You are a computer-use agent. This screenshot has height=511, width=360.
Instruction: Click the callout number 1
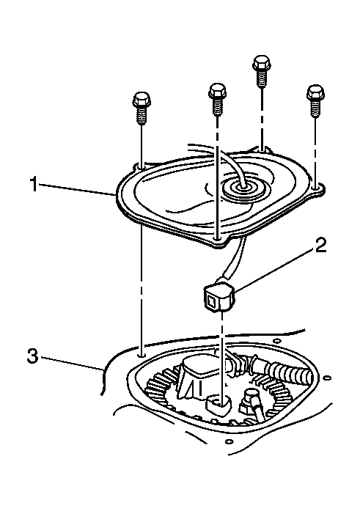click(33, 184)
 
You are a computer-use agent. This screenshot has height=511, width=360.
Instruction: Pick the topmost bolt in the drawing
click(261, 72)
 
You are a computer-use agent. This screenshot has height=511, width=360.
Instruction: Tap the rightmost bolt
click(315, 100)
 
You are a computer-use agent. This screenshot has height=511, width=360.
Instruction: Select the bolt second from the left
click(217, 99)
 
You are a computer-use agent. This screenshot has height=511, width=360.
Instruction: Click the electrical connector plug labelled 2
click(219, 298)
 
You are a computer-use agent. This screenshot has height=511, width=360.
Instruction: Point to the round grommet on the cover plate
click(243, 188)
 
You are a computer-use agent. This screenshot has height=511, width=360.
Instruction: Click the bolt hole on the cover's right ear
click(315, 188)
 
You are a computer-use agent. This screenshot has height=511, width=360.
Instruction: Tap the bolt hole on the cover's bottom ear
click(216, 239)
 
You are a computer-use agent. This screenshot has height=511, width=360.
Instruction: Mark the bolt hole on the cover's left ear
click(141, 167)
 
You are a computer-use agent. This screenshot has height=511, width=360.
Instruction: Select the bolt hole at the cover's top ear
click(262, 150)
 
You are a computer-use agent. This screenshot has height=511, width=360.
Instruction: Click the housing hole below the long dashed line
click(141, 354)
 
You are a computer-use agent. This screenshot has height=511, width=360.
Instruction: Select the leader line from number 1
click(77, 189)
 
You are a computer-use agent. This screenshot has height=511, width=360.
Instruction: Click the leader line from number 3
click(71, 364)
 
